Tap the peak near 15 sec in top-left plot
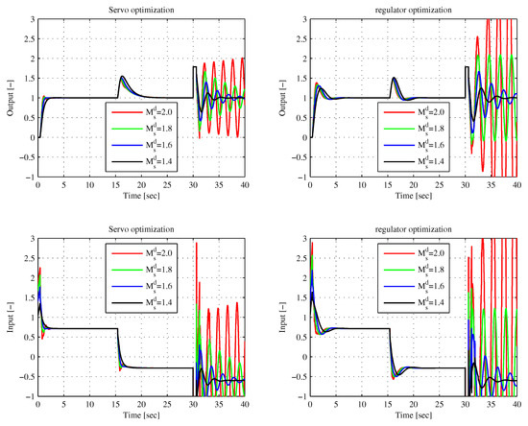click(x=122, y=77)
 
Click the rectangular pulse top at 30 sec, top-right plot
click(x=467, y=66)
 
